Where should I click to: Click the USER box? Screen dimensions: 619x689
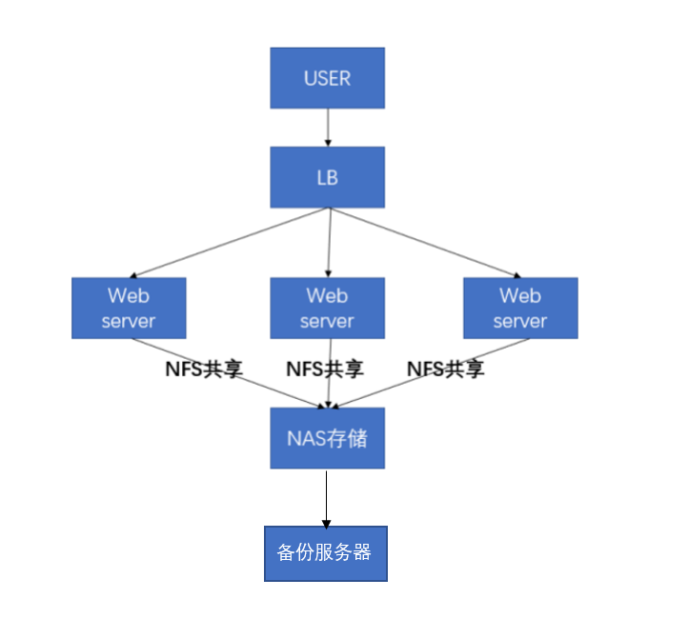coord(327,78)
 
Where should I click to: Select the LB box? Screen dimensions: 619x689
coord(327,177)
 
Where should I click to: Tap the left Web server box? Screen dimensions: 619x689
coord(129,308)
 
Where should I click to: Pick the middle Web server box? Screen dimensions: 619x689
coord(327,308)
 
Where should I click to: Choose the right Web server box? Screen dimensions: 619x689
coord(520,308)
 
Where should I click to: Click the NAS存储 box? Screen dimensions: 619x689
coord(327,438)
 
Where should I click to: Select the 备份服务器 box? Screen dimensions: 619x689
coord(326,553)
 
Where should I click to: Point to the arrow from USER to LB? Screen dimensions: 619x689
coord(328,127)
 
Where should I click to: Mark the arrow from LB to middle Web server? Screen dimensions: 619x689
coord(328,243)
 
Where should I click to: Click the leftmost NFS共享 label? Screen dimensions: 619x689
coord(204,368)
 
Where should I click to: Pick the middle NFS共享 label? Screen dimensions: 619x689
coord(324,368)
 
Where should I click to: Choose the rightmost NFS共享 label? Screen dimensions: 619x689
coord(445,368)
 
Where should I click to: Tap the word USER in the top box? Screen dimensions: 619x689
coord(327,78)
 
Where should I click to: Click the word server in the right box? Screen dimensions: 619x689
coord(520,321)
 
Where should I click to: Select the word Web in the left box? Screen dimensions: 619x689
coord(129,295)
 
